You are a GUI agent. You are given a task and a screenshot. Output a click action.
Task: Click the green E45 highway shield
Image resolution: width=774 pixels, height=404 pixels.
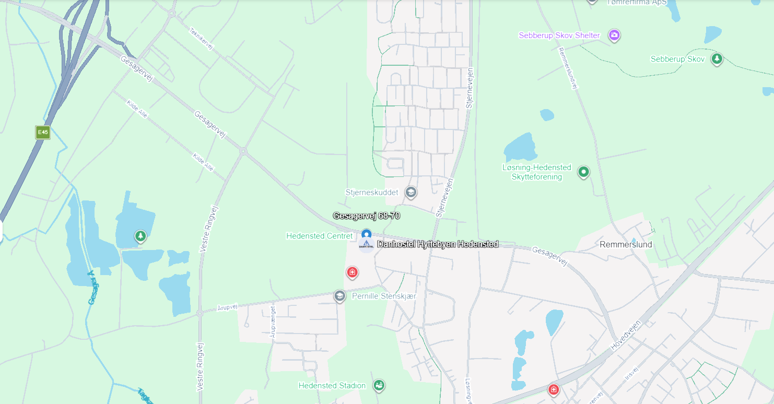pyautogui.click(x=43, y=133)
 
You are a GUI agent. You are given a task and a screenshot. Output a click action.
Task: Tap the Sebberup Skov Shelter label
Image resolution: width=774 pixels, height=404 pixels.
pyautogui.click(x=559, y=35)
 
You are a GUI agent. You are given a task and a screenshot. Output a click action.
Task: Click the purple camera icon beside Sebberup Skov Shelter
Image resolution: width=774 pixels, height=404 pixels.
pyautogui.click(x=614, y=35)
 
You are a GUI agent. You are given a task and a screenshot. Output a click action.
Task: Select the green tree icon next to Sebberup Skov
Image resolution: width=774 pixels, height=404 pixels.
pyautogui.click(x=717, y=58)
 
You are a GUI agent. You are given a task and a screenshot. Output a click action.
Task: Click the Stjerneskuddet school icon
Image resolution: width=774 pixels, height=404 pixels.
pyautogui.click(x=411, y=192)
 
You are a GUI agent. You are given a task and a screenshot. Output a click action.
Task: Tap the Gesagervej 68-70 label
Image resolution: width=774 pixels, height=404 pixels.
pyautogui.click(x=366, y=216)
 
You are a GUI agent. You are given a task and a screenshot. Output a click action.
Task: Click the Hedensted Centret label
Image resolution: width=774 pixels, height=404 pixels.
pyautogui.click(x=319, y=236)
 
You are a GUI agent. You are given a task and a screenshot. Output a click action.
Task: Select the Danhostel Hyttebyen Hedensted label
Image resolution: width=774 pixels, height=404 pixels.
pyautogui.click(x=438, y=244)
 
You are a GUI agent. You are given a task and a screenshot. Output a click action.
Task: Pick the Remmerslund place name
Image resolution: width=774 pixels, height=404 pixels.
pyautogui.click(x=626, y=244)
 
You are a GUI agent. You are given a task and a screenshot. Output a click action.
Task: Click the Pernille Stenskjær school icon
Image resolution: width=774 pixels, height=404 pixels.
pyautogui.click(x=339, y=296)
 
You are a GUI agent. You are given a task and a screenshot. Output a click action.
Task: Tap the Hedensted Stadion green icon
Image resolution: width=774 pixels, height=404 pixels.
pyautogui.click(x=379, y=385)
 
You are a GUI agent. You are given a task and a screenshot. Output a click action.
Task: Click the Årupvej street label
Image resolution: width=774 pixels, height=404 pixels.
pyautogui.click(x=227, y=307)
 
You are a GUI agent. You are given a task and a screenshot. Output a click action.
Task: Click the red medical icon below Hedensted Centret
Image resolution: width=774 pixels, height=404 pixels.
pyautogui.click(x=353, y=272)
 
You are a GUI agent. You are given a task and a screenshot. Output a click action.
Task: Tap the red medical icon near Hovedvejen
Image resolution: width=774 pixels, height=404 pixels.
pyautogui.click(x=553, y=389)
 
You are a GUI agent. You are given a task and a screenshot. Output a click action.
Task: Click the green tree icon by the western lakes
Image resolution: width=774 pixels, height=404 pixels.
pyautogui.click(x=140, y=236)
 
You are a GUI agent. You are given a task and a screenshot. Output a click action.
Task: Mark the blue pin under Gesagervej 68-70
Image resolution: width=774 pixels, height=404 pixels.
pyautogui.click(x=366, y=234)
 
